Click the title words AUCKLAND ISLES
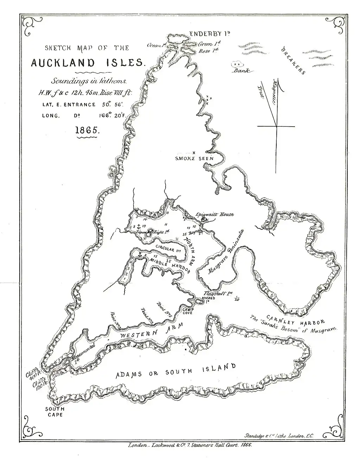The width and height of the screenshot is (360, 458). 87,63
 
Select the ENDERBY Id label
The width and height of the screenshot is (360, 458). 210,34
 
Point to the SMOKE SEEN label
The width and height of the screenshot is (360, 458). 194,159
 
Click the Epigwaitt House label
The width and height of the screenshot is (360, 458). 215,214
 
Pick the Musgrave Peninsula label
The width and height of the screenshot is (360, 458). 226,251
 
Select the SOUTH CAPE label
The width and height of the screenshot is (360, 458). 54,412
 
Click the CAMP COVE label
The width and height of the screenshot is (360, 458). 187,311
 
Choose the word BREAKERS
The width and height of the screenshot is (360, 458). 293,61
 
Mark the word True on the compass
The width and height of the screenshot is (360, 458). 261,92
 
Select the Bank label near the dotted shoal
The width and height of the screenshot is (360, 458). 242,70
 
